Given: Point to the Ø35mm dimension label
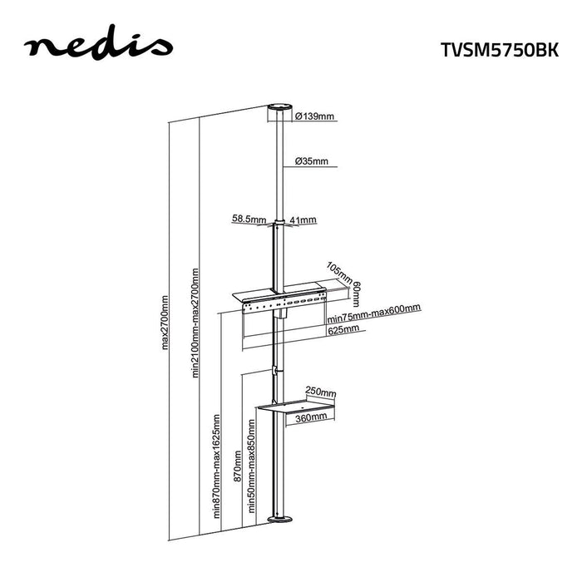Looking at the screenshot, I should pyautogui.click(x=311, y=161).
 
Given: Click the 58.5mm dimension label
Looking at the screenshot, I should pyautogui.click(x=249, y=219).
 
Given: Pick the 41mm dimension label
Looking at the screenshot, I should pyautogui.click(x=304, y=219).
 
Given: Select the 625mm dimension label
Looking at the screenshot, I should pyautogui.click(x=343, y=329).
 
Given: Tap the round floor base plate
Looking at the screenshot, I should pyautogui.click(x=280, y=520).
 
